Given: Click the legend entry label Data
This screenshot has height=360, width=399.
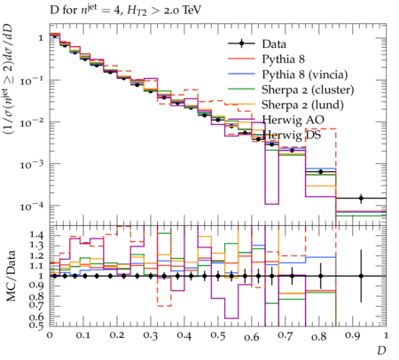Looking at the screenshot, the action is (274, 44).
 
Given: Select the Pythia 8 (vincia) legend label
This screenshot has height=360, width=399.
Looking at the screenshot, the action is (305, 74).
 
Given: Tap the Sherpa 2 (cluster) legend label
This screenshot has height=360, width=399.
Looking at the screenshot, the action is (308, 90).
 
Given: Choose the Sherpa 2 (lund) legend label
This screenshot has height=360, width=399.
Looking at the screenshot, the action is (302, 105).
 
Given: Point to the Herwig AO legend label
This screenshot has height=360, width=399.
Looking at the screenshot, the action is (293, 120).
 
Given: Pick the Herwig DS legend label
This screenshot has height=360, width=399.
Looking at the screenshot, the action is (292, 136).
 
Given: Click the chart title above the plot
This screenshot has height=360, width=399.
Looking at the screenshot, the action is (125, 11).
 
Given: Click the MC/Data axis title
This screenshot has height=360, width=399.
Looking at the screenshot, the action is (12, 276).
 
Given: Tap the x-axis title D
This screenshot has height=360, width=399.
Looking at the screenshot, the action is (381, 350).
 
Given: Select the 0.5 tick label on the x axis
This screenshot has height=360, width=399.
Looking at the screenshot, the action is (218, 336).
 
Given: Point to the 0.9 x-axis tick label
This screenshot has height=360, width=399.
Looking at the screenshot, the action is (353, 336).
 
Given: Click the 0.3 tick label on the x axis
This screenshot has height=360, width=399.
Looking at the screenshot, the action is (151, 336).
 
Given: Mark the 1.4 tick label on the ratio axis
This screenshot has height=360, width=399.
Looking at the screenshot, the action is (36, 235).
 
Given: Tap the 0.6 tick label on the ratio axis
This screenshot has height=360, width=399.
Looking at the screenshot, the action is (36, 317).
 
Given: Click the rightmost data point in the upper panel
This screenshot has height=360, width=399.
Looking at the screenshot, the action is (361, 198).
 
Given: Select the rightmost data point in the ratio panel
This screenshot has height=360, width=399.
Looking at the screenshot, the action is (361, 276).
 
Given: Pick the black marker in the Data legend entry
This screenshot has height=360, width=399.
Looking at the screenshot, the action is (241, 44).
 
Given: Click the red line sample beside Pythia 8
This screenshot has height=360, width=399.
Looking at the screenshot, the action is (241, 59).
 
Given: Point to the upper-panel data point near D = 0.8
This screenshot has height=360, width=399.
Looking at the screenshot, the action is (320, 172).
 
